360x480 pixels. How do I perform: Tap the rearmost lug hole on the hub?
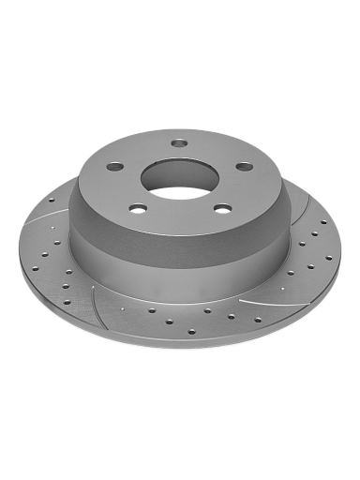click(179, 143)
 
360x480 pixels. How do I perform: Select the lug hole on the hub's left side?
click(115, 167)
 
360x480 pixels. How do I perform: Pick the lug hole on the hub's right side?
click(244, 166)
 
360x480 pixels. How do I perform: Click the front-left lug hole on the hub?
click(138, 207)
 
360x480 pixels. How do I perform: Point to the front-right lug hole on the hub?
click(222, 208)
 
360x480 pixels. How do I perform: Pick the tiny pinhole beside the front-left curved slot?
click(123, 306)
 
